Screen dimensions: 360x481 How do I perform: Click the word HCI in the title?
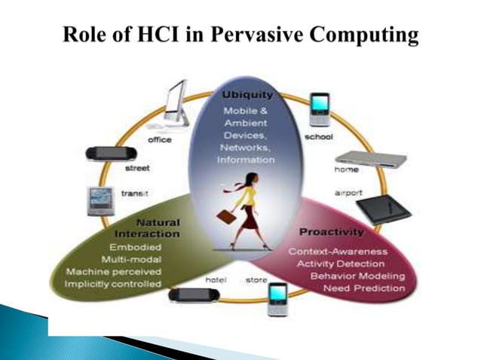point(176,35)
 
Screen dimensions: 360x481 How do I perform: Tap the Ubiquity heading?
point(247,96)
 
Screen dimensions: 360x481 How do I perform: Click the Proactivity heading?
point(332,231)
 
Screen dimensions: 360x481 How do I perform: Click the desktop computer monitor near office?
point(173,105)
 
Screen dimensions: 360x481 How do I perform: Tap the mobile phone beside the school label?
point(320,110)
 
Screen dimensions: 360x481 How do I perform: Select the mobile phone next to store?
point(277,298)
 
